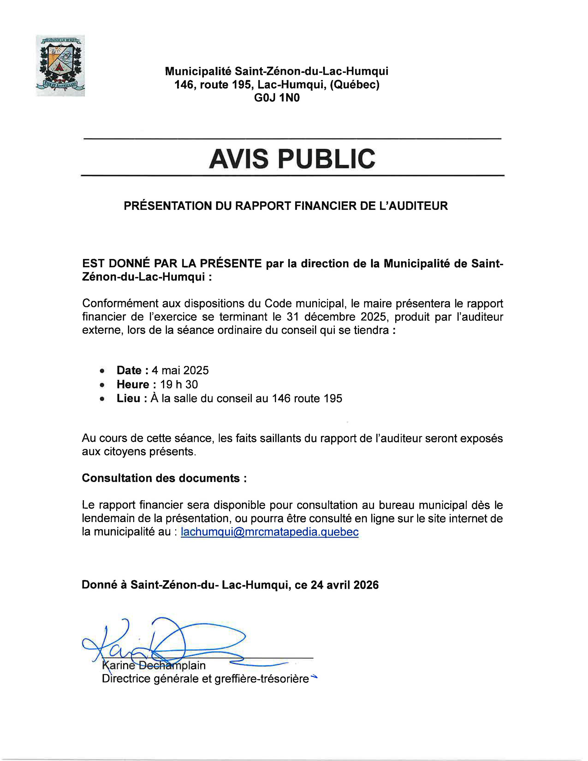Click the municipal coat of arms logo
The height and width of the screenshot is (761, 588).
pos(60,66)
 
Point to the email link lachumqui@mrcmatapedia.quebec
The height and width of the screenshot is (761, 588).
pos(270,532)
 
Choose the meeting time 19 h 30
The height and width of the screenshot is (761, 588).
pos(179,384)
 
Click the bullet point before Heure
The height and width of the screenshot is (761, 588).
pos(102,385)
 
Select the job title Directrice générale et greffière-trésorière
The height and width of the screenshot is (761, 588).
pos(205,679)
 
